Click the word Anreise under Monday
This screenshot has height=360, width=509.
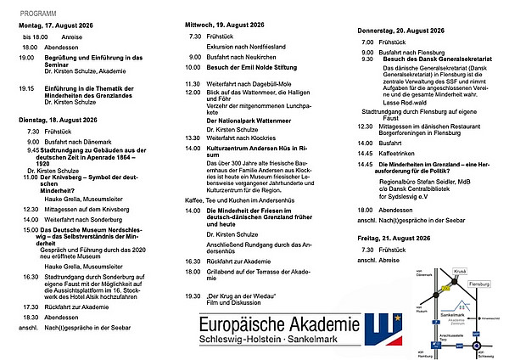[73, 37]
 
